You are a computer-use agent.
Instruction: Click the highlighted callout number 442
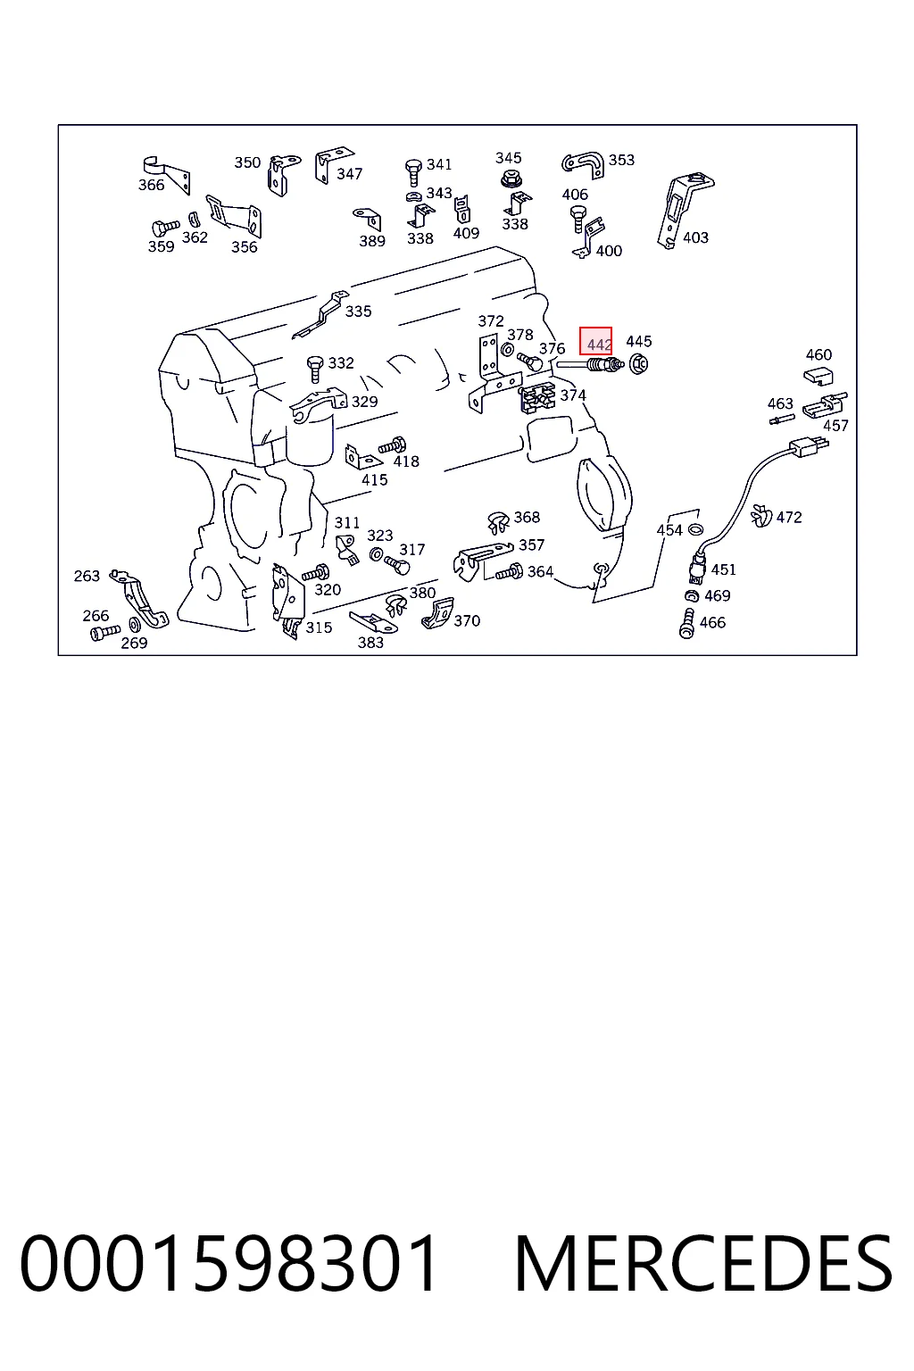point(598,345)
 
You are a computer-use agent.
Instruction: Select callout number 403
point(695,237)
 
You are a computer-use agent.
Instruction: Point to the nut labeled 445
point(638,364)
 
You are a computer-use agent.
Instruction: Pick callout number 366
point(151,185)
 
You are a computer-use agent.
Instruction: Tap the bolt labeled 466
point(687,624)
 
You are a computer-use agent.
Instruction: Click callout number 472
point(789,517)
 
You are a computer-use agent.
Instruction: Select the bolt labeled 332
point(315,369)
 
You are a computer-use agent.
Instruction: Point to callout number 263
point(87,576)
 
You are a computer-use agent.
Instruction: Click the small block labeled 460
point(818,377)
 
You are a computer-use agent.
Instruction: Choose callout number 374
point(573,395)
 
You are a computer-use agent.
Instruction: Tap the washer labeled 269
point(135,625)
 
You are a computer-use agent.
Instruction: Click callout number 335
point(358,312)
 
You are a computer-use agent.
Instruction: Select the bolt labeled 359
point(165,228)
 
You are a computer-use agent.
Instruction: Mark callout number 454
point(669,530)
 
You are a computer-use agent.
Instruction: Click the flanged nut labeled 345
point(509,179)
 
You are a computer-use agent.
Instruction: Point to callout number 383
point(370,642)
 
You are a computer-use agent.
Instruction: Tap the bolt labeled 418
point(393,445)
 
